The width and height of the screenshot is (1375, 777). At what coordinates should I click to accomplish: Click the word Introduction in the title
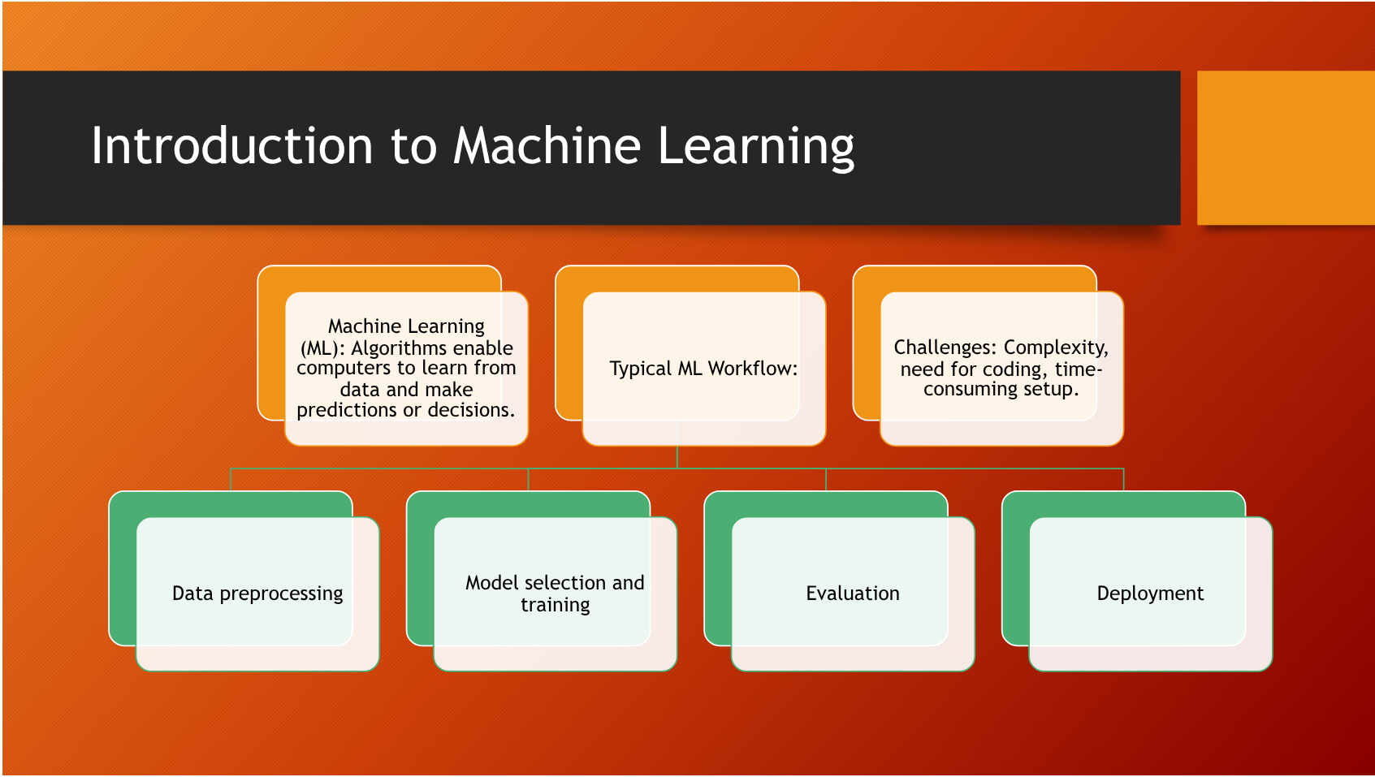[x=231, y=146]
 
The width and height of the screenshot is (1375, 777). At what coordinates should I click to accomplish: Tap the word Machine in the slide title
[x=547, y=146]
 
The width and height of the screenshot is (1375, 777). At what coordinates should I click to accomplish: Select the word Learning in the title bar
[x=755, y=148]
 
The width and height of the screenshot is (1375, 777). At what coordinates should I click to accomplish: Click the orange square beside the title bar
[x=1285, y=148]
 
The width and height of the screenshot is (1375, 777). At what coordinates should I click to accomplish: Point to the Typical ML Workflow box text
[x=703, y=369]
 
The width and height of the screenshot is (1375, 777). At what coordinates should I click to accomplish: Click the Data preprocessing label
[x=257, y=594]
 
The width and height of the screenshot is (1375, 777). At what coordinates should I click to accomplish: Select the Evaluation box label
[x=852, y=594]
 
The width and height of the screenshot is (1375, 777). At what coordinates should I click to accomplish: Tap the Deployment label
[x=1149, y=594]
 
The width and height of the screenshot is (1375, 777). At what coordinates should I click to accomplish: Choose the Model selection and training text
[x=555, y=594]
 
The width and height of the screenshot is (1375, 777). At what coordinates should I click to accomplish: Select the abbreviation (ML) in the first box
[x=322, y=348]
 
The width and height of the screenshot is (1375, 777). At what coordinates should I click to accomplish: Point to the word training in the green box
[x=555, y=606]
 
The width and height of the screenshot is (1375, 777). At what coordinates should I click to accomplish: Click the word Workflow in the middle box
[x=752, y=369]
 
